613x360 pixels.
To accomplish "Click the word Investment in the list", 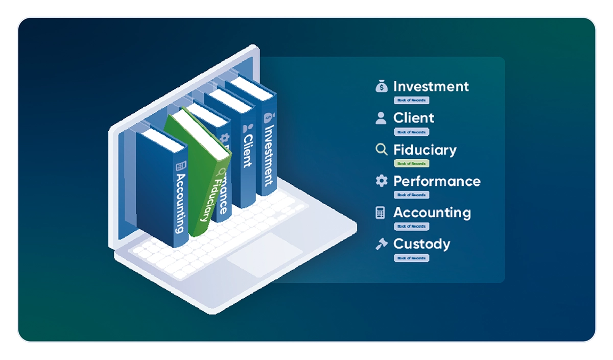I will (x=431, y=86).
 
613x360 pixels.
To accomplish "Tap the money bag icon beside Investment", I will (x=381, y=86).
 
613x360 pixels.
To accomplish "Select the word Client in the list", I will (x=413, y=118).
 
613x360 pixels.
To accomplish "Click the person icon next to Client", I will (x=381, y=118).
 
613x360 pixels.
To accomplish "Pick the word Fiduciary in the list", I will (x=425, y=150).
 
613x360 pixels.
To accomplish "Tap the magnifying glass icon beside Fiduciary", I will (x=381, y=150).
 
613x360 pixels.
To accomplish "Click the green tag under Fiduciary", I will (x=411, y=163).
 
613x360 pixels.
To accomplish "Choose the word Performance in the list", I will (x=437, y=181).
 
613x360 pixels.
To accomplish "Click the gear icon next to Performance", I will (x=381, y=181).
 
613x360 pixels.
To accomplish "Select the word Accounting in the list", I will (x=432, y=212).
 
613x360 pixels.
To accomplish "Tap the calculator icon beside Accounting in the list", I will (x=381, y=213).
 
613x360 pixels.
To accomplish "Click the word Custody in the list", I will (x=421, y=244).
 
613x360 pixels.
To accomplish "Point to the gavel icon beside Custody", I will (x=381, y=244).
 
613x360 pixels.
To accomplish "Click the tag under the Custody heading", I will (x=411, y=258).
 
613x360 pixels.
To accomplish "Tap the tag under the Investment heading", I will (x=411, y=100).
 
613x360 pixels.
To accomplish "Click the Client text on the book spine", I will (x=247, y=151).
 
